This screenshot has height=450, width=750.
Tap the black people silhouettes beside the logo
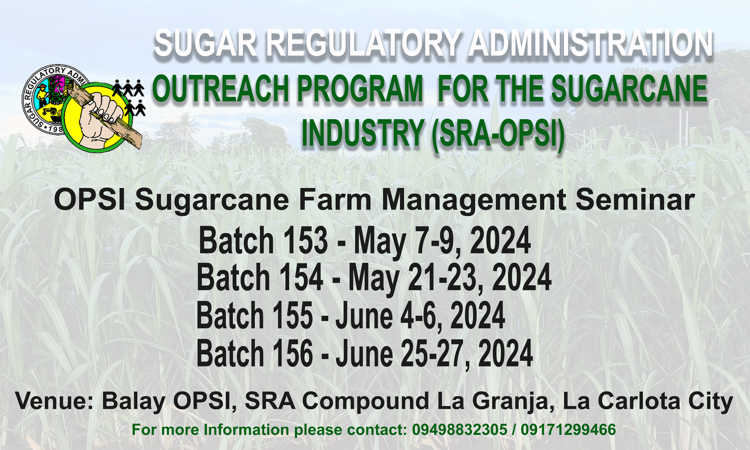point(130,97)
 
